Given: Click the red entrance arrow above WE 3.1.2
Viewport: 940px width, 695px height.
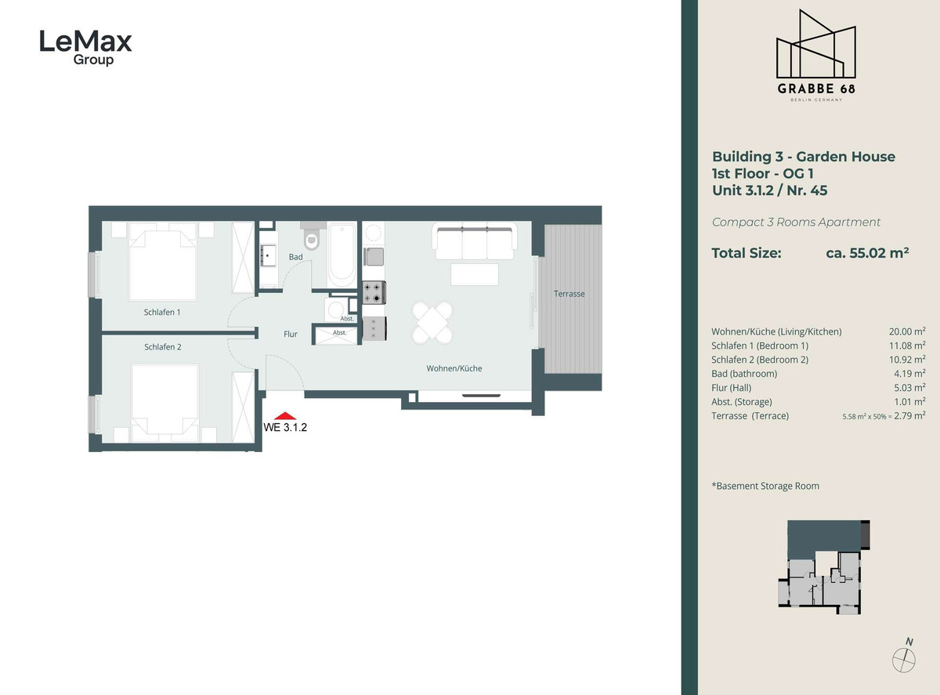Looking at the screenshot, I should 287,416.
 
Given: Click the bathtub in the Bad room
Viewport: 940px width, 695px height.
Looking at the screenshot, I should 342,255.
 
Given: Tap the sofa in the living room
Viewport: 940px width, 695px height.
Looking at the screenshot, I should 475,242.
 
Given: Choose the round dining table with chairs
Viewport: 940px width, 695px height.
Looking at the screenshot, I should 433,322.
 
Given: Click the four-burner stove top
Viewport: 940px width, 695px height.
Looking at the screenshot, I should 374,292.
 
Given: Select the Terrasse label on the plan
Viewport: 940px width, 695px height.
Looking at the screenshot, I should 569,294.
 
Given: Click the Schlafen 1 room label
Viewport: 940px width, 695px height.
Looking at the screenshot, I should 162,312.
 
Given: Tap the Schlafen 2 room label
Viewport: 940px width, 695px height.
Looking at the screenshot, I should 162,346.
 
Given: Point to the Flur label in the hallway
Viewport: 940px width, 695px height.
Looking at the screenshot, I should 291,334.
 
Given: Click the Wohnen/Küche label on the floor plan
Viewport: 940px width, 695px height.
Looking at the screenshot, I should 454,368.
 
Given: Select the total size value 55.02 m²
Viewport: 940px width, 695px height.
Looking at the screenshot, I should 867,253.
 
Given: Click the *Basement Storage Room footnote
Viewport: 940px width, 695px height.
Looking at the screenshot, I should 765,486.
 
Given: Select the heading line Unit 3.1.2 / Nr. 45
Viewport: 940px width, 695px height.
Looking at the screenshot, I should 769,190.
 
